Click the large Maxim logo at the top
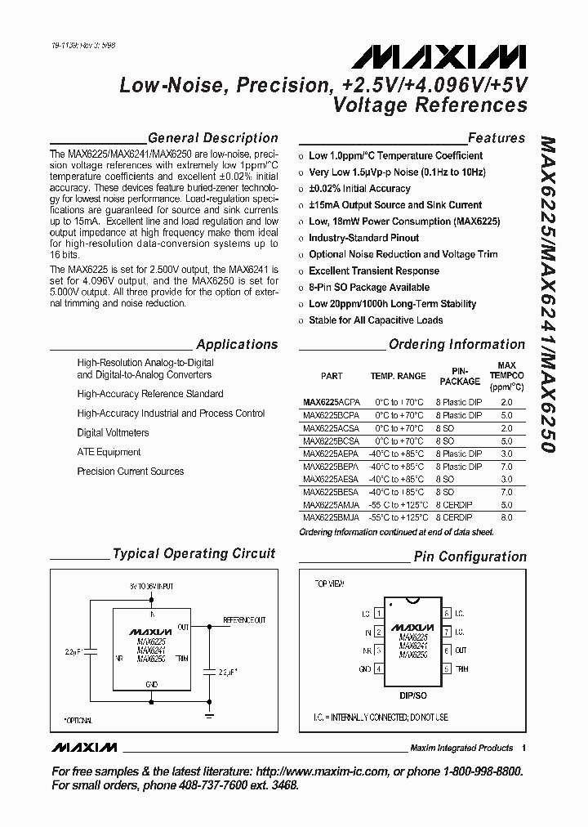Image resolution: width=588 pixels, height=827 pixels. tap(439, 56)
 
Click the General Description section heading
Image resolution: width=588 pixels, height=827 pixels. tap(213, 138)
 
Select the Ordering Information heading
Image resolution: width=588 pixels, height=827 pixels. tap(457, 344)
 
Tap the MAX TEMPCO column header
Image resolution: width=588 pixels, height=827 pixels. tap(506, 376)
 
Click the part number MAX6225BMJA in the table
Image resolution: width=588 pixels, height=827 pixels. tap(330, 517)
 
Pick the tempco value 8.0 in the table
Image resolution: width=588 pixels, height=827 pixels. tap(506, 517)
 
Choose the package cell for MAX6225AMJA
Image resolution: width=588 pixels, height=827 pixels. tap(454, 505)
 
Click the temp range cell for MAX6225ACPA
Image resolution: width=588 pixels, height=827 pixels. tap(399, 402)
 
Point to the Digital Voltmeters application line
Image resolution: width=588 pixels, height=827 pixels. tap(113, 432)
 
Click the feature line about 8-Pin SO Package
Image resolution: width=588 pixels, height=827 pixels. tap(368, 288)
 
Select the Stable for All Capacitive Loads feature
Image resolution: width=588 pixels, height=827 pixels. tap(376, 320)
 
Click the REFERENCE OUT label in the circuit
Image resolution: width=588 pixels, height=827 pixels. tap(244, 621)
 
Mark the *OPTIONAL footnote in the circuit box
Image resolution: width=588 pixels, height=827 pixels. tap(78, 720)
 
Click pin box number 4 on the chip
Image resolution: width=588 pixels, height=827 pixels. tap(378, 668)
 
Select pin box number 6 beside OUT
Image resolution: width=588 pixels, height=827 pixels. tap(447, 650)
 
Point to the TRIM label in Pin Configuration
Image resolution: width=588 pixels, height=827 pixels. tap(462, 668)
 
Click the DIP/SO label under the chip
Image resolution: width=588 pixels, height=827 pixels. tap(413, 695)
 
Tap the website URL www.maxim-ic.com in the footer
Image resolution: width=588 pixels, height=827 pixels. tap(327, 771)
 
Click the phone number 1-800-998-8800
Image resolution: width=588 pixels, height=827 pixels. tap(474, 771)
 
